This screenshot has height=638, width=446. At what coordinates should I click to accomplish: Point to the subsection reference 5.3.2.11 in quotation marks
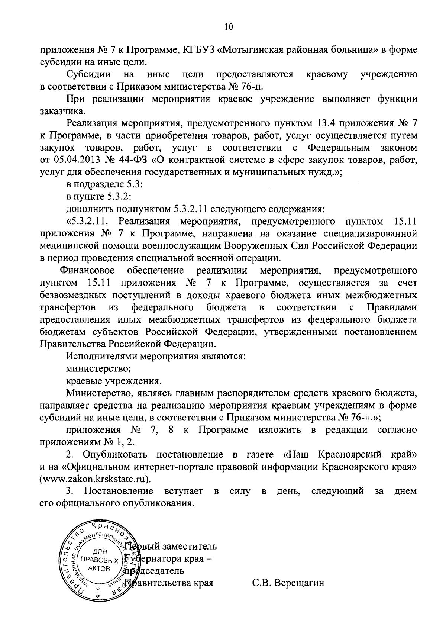point(88,222)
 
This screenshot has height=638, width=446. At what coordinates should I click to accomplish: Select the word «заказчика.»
point(59,111)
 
